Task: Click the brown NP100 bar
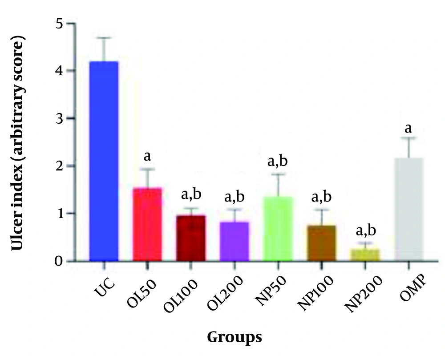click(320, 243)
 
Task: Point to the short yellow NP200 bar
click(364, 255)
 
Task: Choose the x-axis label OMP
click(403, 290)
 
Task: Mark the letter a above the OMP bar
click(408, 129)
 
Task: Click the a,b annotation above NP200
click(364, 232)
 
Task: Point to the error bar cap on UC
click(104, 38)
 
